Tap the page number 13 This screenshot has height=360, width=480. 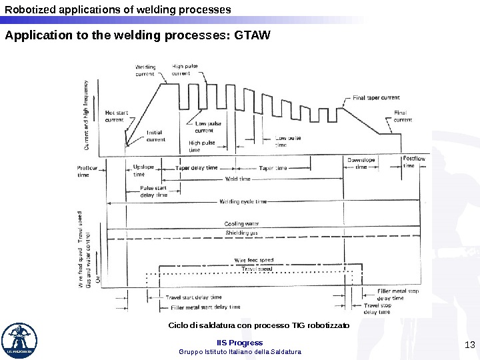tap(468, 344)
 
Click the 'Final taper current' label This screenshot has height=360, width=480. tap(376, 97)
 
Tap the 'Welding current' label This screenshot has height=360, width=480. tap(145, 71)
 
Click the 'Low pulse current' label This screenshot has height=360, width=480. tap(209, 127)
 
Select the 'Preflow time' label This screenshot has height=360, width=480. tap(87, 171)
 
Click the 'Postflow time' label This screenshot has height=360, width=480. tap(413, 162)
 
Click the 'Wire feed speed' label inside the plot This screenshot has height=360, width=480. tap(253, 259)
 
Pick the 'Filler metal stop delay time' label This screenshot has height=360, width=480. tap(390, 295)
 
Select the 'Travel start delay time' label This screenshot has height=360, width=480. tap(193, 297)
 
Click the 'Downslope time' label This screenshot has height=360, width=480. tap(361, 163)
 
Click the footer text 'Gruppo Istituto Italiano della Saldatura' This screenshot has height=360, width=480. tap(240, 351)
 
